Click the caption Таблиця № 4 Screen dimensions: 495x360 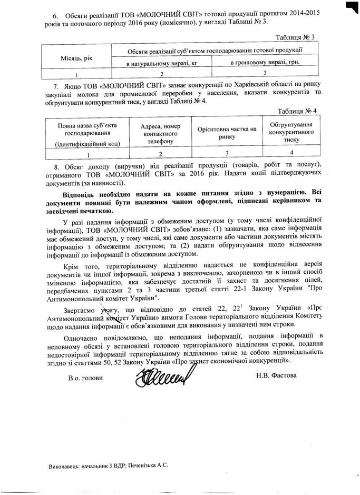tap(297, 111)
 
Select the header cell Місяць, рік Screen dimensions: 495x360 tap(76, 57)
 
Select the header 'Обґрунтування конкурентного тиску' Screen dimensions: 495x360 tap(291, 133)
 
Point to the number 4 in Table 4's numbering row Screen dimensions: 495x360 tap(291, 154)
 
